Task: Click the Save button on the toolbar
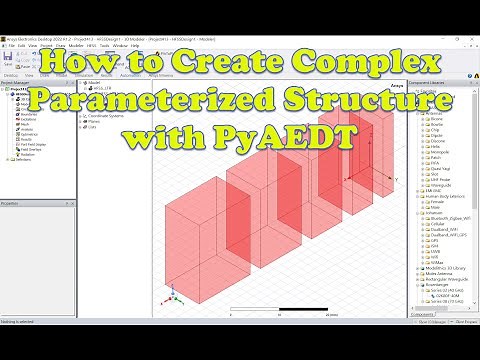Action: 9,59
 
